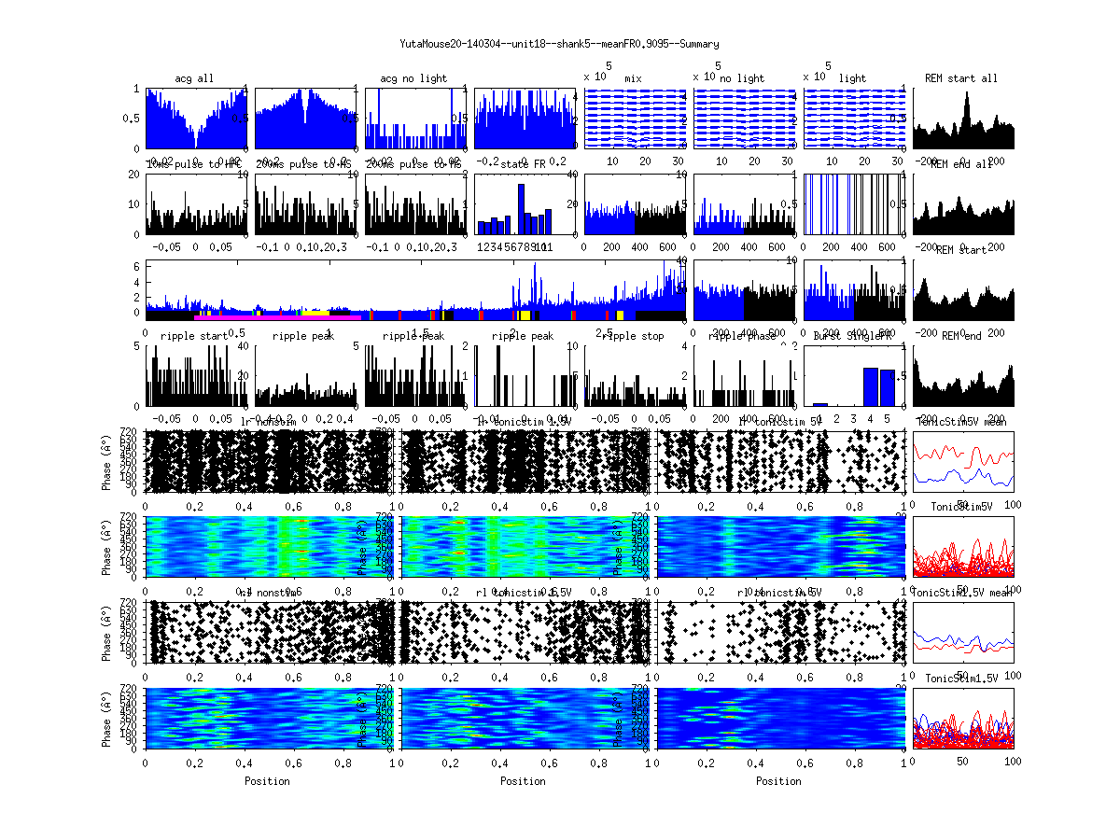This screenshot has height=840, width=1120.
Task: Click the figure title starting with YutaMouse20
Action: point(559,44)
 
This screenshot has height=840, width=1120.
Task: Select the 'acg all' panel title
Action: point(194,78)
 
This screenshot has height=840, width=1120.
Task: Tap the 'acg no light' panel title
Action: point(414,78)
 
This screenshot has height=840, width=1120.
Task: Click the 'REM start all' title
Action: point(960,78)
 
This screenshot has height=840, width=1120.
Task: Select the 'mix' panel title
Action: point(633,78)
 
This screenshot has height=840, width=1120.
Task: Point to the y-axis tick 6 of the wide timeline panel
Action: point(137,266)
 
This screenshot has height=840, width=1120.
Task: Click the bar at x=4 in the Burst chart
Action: point(870,387)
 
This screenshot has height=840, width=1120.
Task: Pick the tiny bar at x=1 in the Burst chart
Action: point(820,404)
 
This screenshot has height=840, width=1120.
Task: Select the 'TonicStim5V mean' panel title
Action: point(960,422)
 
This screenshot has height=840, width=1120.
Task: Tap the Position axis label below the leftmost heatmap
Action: point(267,781)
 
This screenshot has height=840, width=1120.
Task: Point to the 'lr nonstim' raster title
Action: point(273,422)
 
